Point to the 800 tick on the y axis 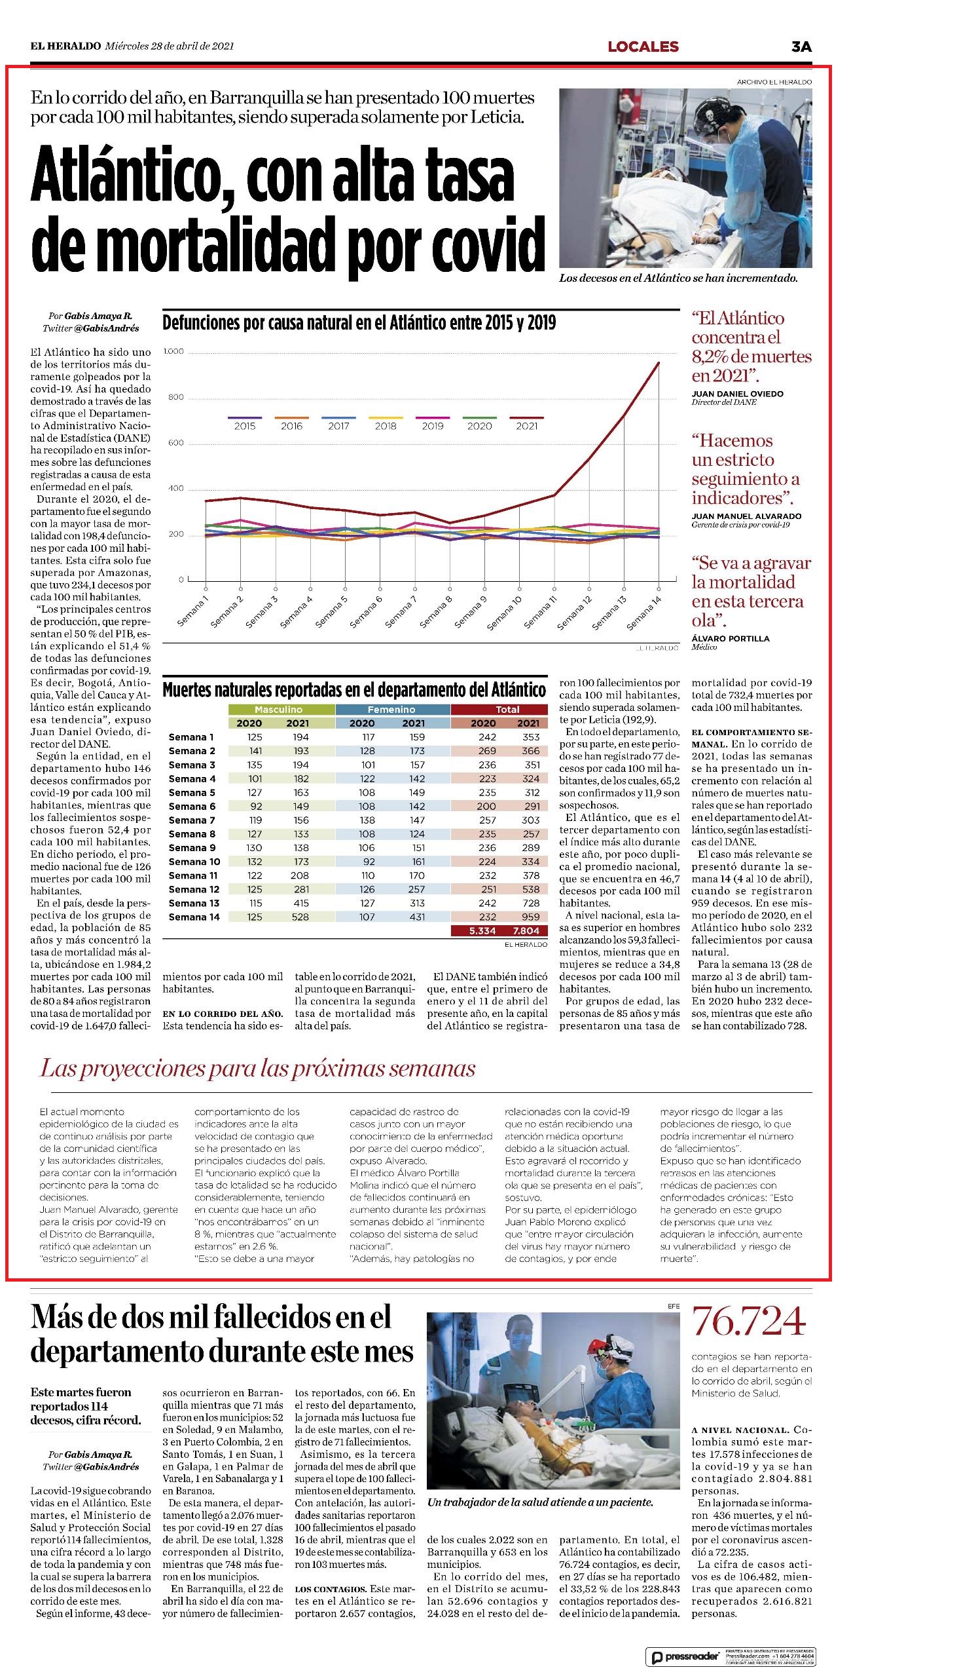pos(175,398)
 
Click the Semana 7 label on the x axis pos(401,610)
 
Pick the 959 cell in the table pos(531,917)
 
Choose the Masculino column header pos(279,710)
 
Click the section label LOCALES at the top pos(643,46)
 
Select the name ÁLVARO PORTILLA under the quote pos(731,638)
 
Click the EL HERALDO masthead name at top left pos(65,46)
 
